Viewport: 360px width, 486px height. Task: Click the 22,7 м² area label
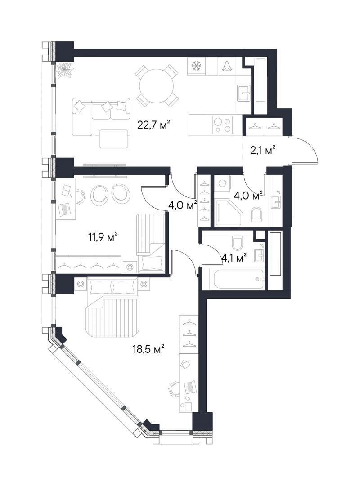click(x=154, y=125)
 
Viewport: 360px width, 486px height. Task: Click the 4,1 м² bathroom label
click(x=234, y=257)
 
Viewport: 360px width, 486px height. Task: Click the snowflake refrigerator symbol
click(x=196, y=66)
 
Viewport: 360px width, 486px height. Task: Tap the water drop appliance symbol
click(x=227, y=66)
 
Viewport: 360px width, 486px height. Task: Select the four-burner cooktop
click(x=222, y=125)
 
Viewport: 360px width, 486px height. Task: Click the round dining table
click(x=157, y=85)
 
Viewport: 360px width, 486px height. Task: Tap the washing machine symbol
click(x=222, y=183)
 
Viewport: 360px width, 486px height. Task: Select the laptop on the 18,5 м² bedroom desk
click(x=189, y=387)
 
